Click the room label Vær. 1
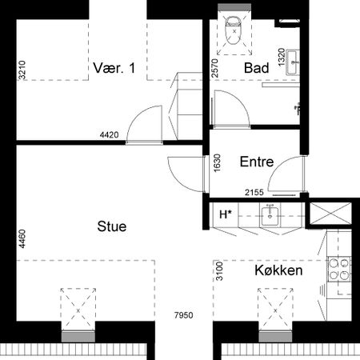[113, 68]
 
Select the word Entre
[257, 162]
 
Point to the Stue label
[112, 226]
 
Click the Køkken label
[278, 271]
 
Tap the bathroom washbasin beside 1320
[294, 58]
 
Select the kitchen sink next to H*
[271, 214]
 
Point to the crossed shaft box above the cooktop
[330, 214]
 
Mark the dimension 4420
[110, 134]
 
